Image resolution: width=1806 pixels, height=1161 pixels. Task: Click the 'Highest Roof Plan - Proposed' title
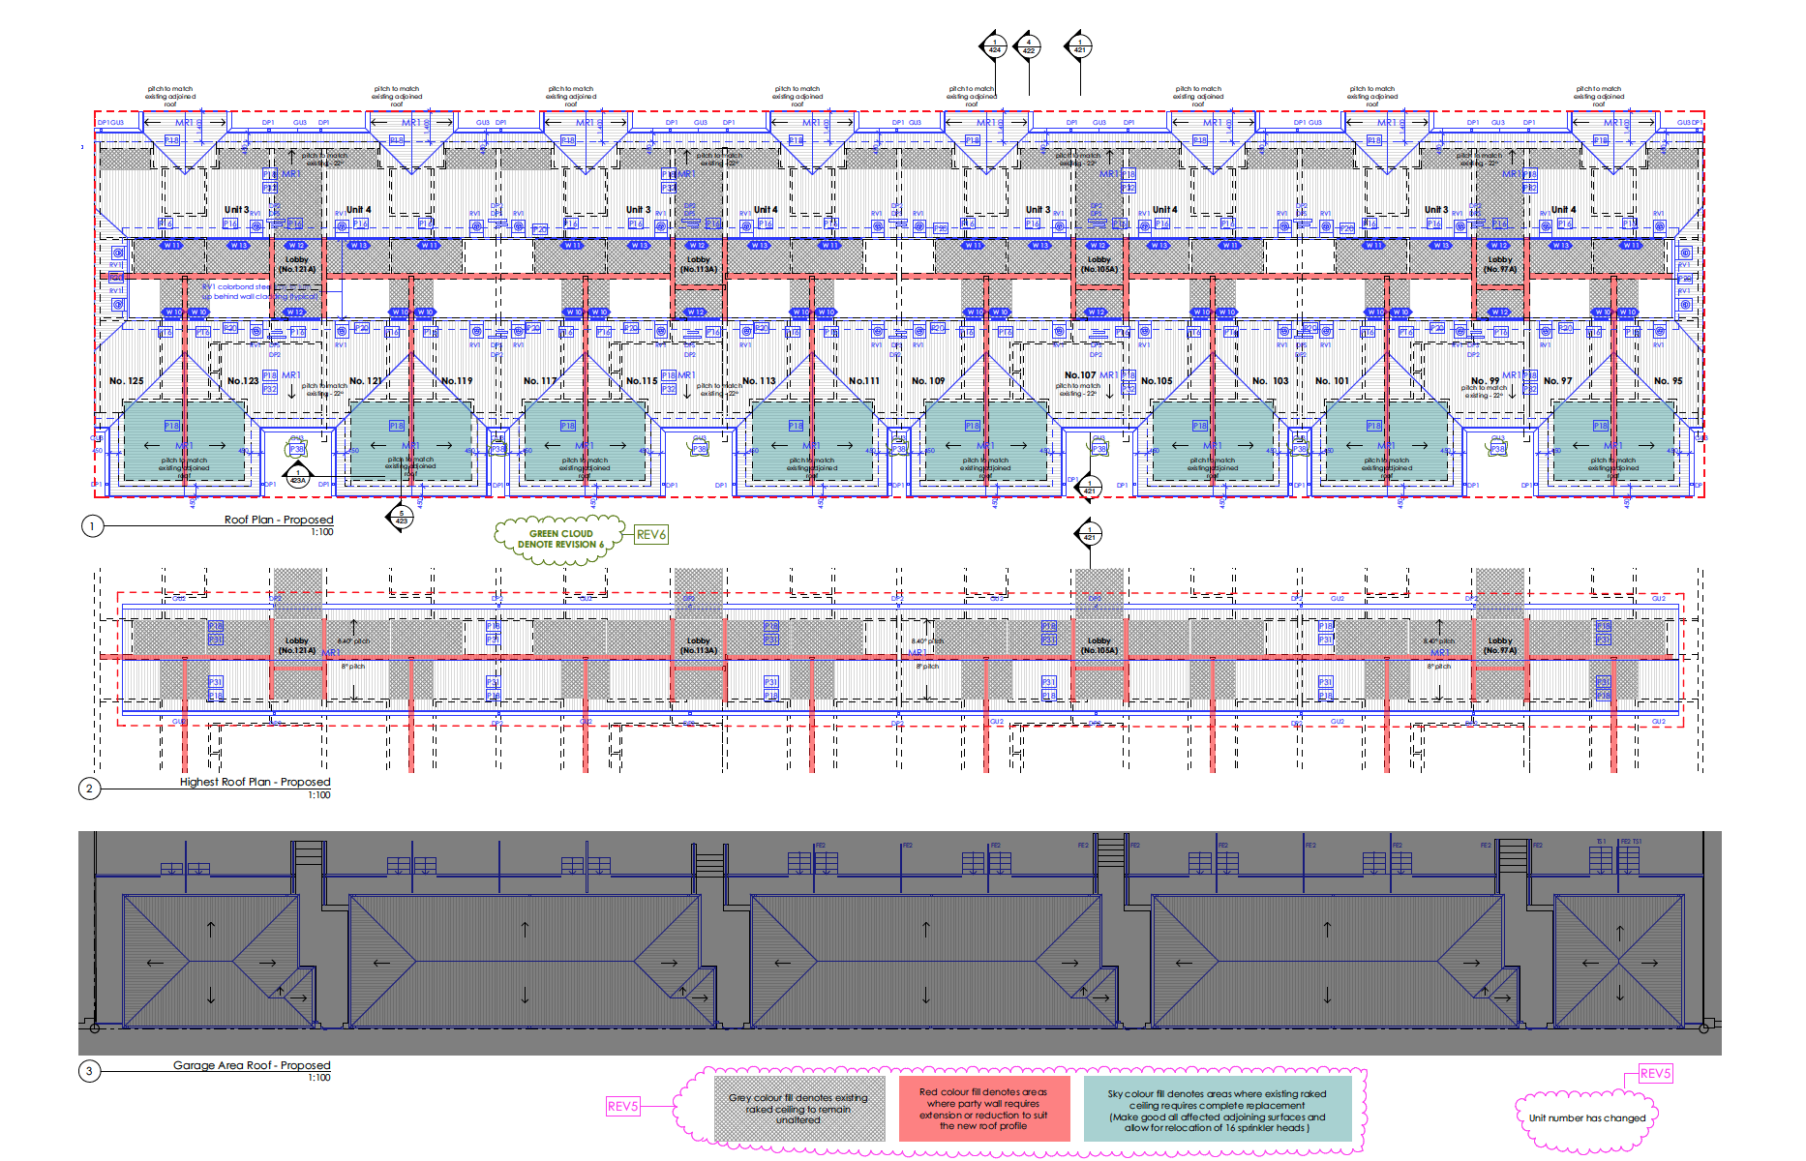(x=255, y=782)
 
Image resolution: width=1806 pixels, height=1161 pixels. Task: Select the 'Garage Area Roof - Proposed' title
(x=252, y=1065)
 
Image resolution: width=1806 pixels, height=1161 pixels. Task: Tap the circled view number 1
(x=92, y=526)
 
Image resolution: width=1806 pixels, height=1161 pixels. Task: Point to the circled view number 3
(x=89, y=1071)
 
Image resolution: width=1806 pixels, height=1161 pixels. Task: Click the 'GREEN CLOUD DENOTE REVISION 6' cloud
(x=560, y=539)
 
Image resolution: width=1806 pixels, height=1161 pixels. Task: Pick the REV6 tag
(x=651, y=534)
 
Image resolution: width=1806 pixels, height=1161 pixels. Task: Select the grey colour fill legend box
(x=799, y=1109)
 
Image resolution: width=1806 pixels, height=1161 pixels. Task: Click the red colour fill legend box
(x=983, y=1109)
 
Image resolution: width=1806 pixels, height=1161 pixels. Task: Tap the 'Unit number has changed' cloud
(x=1586, y=1118)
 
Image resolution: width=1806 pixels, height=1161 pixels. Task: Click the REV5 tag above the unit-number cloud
(x=1655, y=1073)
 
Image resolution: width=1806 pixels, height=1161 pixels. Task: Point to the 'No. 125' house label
(x=127, y=381)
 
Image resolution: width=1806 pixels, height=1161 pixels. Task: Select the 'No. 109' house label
(x=928, y=381)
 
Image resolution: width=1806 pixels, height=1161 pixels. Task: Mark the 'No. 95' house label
(x=1668, y=381)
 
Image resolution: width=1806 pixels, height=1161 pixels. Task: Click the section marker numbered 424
(x=994, y=45)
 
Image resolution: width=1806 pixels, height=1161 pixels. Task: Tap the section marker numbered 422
(x=1028, y=45)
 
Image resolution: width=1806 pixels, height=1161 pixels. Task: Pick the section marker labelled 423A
(x=298, y=476)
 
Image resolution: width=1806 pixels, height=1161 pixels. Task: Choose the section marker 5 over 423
(x=402, y=518)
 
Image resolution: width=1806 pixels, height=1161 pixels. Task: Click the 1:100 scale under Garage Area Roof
(x=320, y=1078)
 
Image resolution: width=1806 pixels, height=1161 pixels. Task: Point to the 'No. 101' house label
(x=1332, y=381)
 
